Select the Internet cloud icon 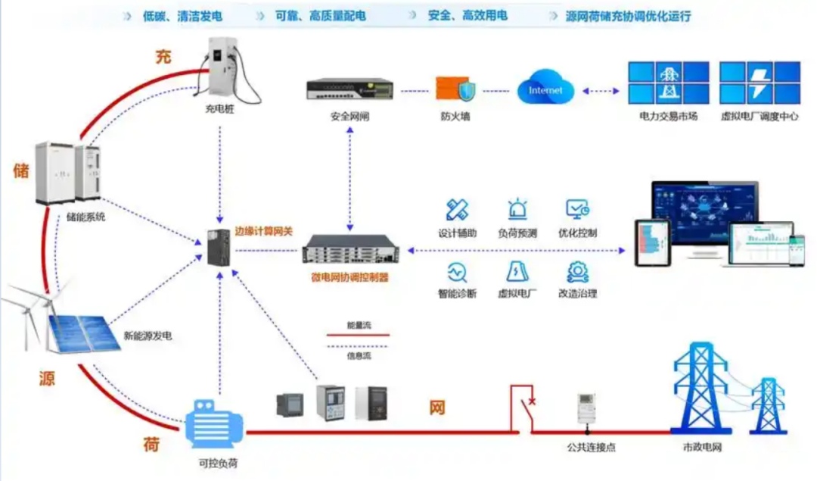click(545, 90)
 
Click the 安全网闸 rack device click(349, 89)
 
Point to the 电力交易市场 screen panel click(669, 83)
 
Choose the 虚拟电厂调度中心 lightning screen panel click(759, 83)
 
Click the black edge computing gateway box click(219, 248)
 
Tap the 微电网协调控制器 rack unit click(349, 249)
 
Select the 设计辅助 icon click(457, 210)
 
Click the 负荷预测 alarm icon click(517, 210)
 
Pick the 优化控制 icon click(578, 210)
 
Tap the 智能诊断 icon click(457, 271)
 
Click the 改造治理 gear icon click(578, 271)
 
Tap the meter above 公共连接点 click(586, 409)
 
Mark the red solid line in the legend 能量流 click(358, 334)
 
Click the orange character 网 click(437, 408)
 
